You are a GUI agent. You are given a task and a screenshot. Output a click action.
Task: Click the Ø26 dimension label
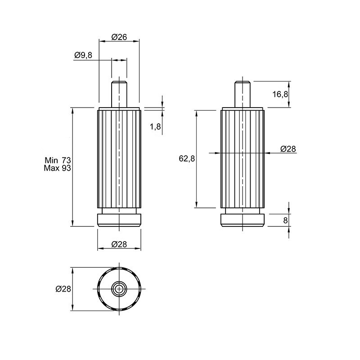tap(119, 37)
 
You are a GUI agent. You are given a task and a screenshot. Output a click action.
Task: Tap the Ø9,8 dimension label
tap(83, 55)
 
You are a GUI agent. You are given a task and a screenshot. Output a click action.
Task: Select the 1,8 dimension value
tap(155, 126)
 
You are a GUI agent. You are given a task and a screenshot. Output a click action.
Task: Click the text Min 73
tap(58, 160)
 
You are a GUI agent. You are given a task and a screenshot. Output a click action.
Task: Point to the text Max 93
tap(58, 168)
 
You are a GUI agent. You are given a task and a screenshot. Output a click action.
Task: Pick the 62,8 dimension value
tap(187, 158)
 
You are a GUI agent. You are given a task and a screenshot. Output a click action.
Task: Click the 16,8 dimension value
tap(280, 94)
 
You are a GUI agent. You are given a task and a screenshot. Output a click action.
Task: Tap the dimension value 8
tap(285, 220)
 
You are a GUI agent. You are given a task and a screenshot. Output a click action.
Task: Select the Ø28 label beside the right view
tap(288, 149)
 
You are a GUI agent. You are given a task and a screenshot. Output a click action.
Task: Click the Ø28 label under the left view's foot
tap(119, 244)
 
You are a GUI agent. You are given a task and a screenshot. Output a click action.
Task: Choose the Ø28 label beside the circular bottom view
tap(63, 289)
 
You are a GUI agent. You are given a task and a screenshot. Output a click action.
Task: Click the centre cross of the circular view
tap(119, 289)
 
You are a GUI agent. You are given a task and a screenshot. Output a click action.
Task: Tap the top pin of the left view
tap(119, 94)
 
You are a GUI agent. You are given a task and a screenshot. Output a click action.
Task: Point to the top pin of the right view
tap(243, 94)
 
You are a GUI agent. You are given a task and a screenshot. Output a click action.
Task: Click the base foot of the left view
tap(119, 220)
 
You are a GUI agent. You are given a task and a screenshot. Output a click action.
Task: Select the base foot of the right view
tap(243, 220)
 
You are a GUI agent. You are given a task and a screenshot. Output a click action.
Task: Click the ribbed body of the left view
tap(119, 159)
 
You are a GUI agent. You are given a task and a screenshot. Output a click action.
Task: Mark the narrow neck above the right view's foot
tap(243, 211)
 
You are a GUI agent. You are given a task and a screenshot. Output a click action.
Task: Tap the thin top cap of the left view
tap(119, 109)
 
